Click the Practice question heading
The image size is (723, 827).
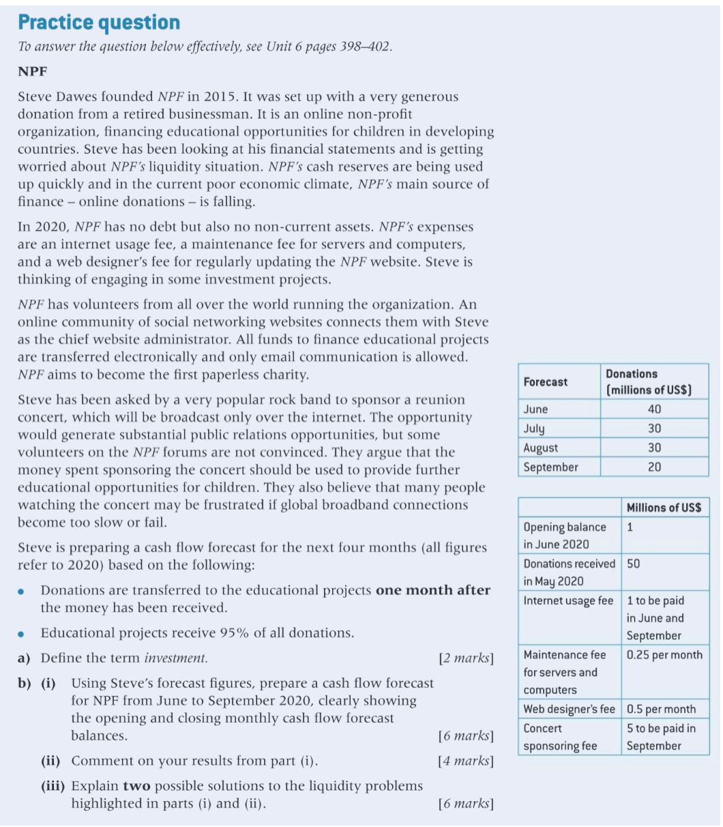pos(99,23)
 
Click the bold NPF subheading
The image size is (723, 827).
pos(31,71)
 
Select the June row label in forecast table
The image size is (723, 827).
pos(535,409)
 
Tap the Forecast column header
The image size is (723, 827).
pos(545,382)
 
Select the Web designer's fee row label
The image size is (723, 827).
pos(569,709)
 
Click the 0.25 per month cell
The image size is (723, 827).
pos(664,655)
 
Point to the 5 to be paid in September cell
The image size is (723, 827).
pos(661,737)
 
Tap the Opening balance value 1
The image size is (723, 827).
pos(630,527)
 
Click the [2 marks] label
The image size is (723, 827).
pos(466,658)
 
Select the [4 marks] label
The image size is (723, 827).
pos(466,761)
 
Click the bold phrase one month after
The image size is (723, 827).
pos(432,590)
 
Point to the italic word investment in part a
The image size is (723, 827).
pos(175,658)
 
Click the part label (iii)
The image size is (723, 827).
pos(53,786)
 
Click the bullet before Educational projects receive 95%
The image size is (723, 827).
pos(23,634)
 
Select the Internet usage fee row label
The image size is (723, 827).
pos(568,601)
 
